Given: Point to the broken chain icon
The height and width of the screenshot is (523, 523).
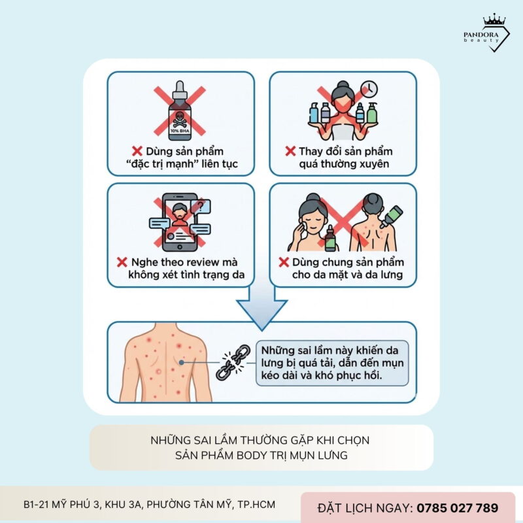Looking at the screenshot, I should pyautogui.click(x=233, y=362).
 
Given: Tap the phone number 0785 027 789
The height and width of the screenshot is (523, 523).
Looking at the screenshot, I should pyautogui.click(x=458, y=507).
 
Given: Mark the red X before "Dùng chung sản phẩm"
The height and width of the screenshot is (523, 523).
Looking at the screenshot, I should pyautogui.click(x=284, y=262).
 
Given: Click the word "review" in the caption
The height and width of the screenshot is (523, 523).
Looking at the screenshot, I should pyautogui.click(x=190, y=262).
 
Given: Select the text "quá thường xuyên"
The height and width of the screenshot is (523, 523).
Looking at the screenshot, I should pyautogui.click(x=343, y=164).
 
